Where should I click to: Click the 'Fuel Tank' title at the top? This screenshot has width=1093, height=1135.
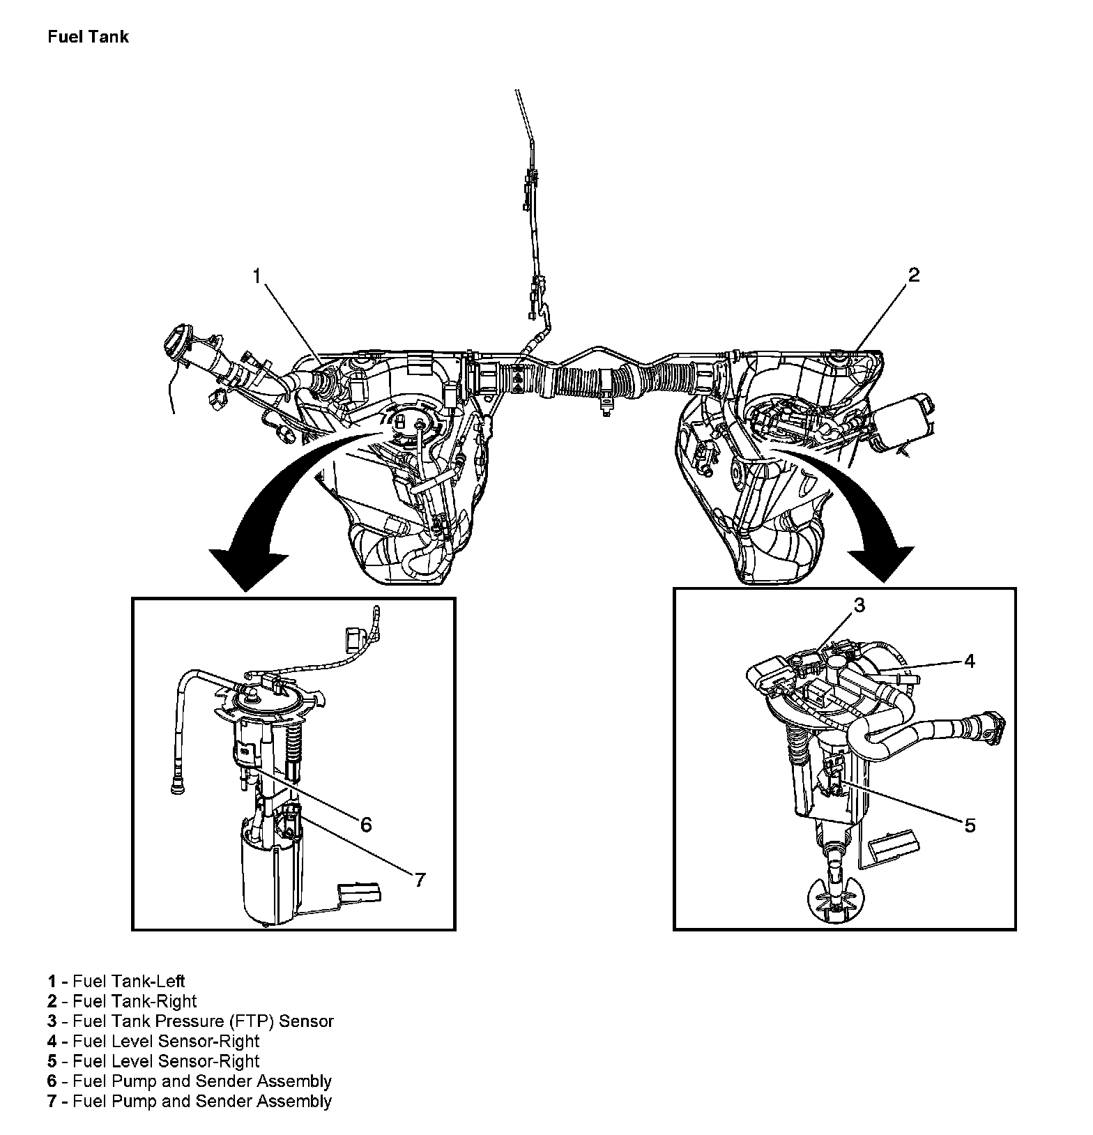(88, 36)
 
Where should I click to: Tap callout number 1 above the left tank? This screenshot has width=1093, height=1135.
(257, 277)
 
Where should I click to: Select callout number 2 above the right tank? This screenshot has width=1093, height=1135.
(913, 275)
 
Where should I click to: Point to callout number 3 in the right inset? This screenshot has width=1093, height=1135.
(859, 605)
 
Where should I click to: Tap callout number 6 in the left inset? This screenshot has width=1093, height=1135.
(366, 824)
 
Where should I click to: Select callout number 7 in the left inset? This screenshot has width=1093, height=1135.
(420, 880)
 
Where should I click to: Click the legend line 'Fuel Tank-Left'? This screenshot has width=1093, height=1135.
(116, 982)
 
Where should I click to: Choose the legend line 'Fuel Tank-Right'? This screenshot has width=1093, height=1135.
(123, 1001)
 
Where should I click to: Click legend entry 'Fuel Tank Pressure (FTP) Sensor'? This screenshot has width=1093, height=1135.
(191, 1021)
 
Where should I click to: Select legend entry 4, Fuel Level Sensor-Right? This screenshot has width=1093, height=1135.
(153, 1041)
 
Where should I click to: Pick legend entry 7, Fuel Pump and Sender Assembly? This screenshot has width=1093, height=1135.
(190, 1101)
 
